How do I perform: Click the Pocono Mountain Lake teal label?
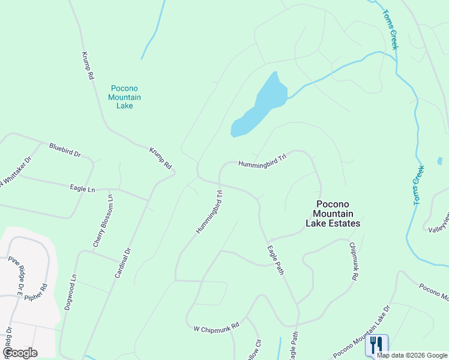coord(125,97)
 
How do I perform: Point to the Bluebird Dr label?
coord(65,149)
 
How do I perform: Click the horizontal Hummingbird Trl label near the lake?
coord(264,164)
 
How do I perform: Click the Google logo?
coord(20,353)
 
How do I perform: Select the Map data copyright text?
coord(412,355)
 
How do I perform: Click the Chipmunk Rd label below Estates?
coord(354,262)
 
